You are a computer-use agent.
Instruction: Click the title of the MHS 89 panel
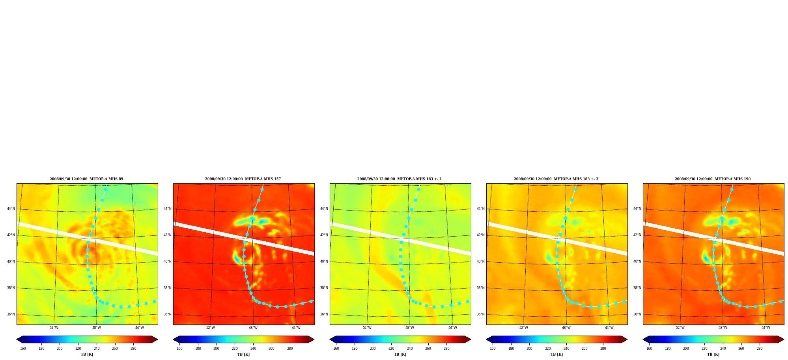86,179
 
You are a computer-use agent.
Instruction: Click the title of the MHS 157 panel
243,179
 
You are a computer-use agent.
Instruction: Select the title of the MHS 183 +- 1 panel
400,179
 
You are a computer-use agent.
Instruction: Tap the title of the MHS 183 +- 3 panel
556,179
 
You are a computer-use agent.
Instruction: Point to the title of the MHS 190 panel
713,179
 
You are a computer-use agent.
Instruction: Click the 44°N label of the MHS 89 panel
11,209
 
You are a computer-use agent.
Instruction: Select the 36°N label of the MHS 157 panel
168,314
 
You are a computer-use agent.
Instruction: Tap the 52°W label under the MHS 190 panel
680,328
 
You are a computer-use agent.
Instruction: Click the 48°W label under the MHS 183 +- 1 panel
410,328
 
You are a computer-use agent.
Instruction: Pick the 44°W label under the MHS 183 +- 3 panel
609,328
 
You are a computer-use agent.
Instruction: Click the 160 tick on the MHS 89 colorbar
23,349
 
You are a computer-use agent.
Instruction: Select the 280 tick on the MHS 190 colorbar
760,349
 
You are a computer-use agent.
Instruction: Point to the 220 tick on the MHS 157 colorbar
235,349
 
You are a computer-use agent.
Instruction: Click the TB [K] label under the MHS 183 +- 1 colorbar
400,354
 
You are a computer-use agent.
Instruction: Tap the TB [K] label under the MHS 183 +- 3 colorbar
556,354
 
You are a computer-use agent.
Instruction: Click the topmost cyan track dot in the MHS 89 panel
105,189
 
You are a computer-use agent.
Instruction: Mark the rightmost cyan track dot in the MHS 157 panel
311,301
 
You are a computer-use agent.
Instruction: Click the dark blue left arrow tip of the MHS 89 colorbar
17,339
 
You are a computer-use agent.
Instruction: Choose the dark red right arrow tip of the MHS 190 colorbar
784,339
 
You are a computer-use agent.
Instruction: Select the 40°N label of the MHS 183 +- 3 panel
481,261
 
